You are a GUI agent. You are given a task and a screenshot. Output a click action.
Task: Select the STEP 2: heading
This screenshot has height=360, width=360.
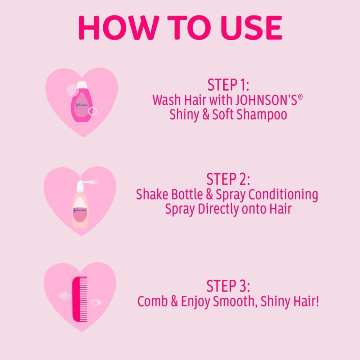coord(228,179)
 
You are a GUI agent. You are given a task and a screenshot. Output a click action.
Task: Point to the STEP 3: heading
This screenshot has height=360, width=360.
coord(228,286)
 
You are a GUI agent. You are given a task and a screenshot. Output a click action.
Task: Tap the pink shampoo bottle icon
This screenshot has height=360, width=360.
coord(80,105)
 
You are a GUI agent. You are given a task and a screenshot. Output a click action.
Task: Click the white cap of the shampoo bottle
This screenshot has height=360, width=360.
coord(82,85)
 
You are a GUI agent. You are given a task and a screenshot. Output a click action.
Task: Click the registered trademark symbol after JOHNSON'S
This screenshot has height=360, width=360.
coord(300,96)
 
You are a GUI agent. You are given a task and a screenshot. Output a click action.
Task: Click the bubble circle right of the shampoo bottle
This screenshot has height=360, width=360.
coord(93,111)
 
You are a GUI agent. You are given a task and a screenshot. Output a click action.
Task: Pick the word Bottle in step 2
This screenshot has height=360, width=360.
coord(183,194)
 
